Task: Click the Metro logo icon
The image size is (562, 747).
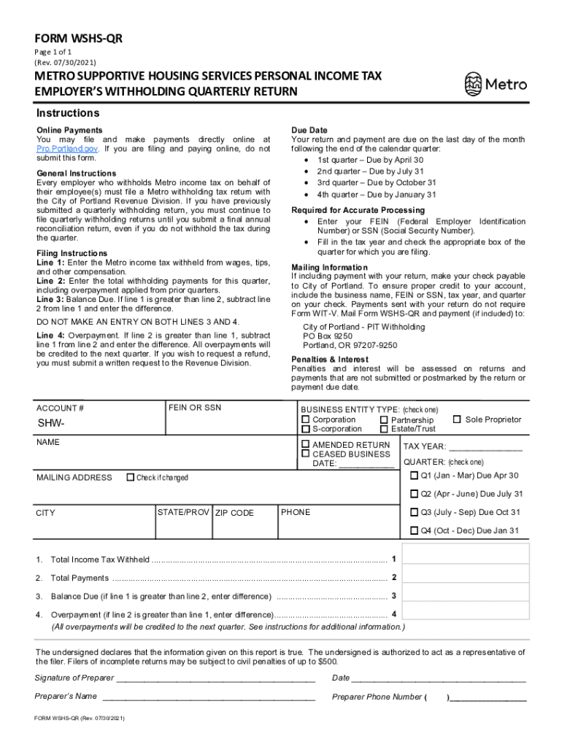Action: pyautogui.click(x=474, y=85)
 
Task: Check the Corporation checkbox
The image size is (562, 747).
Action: pyautogui.click(x=306, y=419)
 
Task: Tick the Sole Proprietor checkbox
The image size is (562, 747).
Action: pyautogui.click(x=457, y=419)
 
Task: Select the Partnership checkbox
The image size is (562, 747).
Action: pyautogui.click(x=384, y=420)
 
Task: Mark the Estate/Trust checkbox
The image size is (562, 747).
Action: pyautogui.click(x=384, y=429)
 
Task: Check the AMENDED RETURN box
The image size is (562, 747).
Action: pyautogui.click(x=306, y=445)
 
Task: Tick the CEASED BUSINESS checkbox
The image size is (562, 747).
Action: pyautogui.click(x=306, y=454)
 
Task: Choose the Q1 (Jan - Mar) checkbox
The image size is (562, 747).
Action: pyautogui.click(x=415, y=476)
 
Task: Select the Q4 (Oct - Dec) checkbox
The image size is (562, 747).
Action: pyautogui.click(x=415, y=530)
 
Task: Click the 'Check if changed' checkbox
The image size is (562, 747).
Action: pyautogui.click(x=131, y=478)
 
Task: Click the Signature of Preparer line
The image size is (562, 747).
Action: pyautogui.click(x=215, y=678)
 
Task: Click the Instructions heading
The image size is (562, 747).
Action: pyautogui.click(x=68, y=114)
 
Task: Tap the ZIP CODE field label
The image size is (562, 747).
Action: pyautogui.click(x=234, y=513)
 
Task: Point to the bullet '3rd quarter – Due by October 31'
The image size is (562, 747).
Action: pyautogui.click(x=377, y=183)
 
